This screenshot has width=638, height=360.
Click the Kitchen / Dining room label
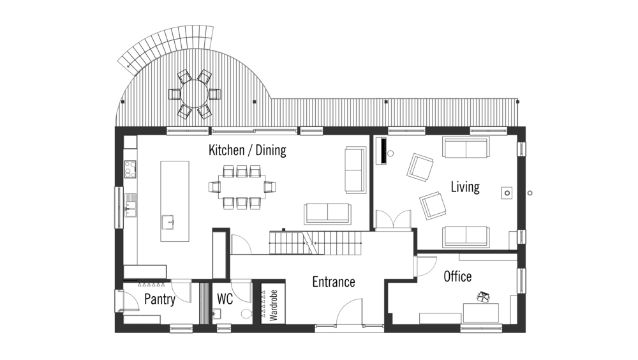click(x=248, y=150)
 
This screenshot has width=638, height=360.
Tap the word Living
click(x=465, y=187)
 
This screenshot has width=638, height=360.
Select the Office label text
click(x=457, y=276)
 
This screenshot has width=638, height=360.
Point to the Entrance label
click(x=334, y=282)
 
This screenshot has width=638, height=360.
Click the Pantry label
click(x=159, y=299)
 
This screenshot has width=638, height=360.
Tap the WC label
click(x=225, y=299)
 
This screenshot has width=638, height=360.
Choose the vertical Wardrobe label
click(x=274, y=305)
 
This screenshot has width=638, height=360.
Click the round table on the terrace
click(x=195, y=94)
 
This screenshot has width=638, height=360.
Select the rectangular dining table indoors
click(x=242, y=187)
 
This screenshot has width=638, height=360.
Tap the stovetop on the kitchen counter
click(x=130, y=169)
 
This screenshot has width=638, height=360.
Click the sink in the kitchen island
click(x=168, y=222)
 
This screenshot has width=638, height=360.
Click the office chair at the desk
click(x=484, y=297)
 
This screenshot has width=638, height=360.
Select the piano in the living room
click(x=382, y=151)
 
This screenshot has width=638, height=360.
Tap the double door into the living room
click(x=393, y=220)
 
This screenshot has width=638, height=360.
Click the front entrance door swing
click(x=349, y=312)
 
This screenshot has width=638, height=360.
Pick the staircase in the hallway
click(x=315, y=243)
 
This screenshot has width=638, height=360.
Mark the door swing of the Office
click(x=426, y=266)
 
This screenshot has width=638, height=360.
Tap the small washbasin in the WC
click(x=217, y=313)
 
